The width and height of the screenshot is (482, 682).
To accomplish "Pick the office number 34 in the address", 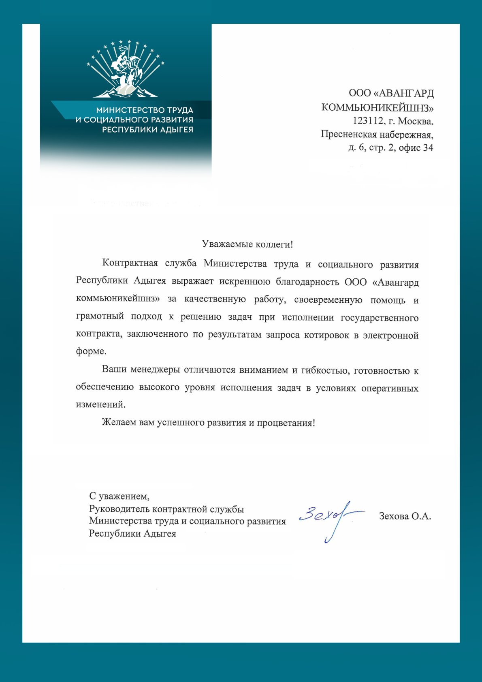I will (428, 148).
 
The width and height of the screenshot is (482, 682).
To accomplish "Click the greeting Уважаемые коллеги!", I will (247, 244).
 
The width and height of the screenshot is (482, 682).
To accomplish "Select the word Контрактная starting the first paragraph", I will (130, 263).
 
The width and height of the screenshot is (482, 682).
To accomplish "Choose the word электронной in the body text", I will (390, 335).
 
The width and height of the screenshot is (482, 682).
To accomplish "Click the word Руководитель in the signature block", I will (116, 509).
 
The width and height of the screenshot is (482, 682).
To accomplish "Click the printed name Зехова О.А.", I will (405, 516).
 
